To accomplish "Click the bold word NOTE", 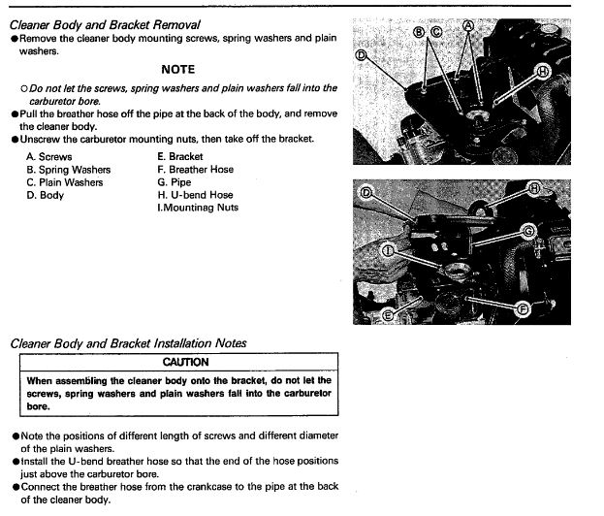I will (x=177, y=70).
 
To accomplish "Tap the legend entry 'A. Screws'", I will (x=49, y=156).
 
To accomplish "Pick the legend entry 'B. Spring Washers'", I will (x=69, y=169).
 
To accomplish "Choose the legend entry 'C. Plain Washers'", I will (x=65, y=181).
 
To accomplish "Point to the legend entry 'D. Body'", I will (x=46, y=194).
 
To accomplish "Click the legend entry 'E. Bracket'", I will (x=180, y=156).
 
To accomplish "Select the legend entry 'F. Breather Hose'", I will (x=195, y=169).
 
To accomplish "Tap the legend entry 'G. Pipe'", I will (x=175, y=181).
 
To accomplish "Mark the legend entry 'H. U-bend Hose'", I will (x=195, y=194).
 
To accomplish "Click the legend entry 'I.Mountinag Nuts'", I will (x=198, y=207).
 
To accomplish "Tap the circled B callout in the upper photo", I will (x=420, y=31).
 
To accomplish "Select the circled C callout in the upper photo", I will (x=435, y=31).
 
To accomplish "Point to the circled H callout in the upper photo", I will (x=542, y=71).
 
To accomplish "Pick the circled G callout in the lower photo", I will (x=528, y=230).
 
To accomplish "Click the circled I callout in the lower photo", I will (x=389, y=250).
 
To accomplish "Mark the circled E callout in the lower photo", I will (x=388, y=315).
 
